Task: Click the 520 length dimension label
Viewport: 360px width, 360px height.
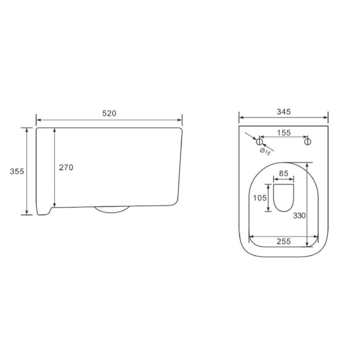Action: pos(109,113)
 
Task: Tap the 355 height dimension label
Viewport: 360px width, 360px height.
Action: pos(17,171)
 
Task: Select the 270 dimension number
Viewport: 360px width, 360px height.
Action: pos(66,167)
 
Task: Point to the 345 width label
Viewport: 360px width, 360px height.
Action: pos(284,112)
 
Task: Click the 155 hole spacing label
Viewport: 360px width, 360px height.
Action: pos(284,133)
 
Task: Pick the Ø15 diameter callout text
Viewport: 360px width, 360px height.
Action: pos(265,152)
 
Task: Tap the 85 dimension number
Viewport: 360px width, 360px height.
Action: pos(283,173)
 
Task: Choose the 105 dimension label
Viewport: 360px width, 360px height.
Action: pos(260,198)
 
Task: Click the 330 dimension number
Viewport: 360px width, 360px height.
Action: pos(299,216)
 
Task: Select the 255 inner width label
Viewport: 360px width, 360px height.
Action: pos(284,241)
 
